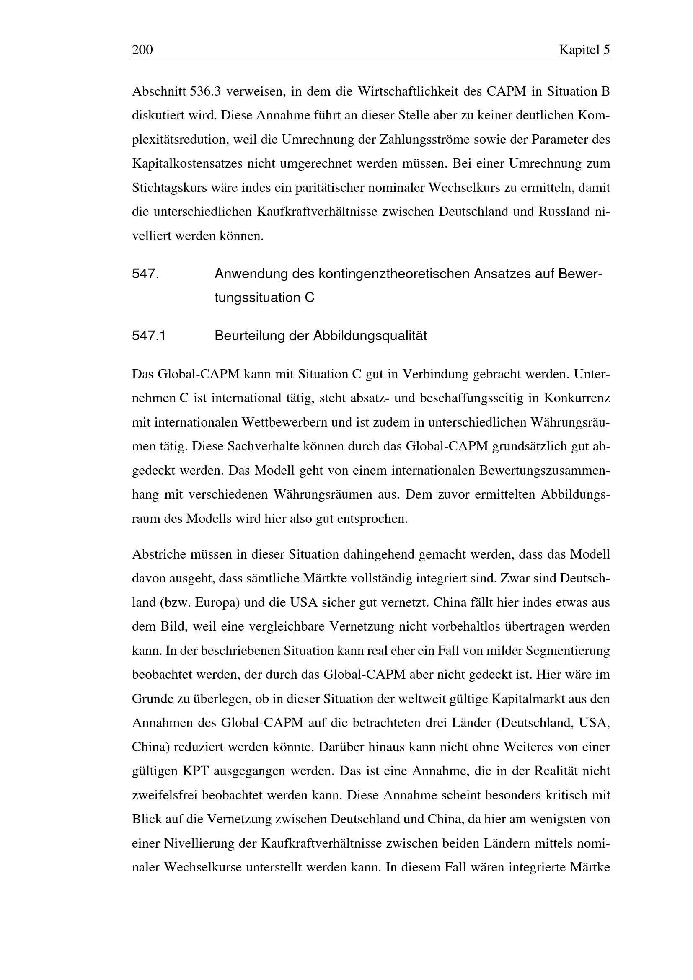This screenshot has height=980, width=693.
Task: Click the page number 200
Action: pos(142,50)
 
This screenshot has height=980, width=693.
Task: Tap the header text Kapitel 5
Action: pos(584,50)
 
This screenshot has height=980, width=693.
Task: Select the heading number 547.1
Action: pos(149,336)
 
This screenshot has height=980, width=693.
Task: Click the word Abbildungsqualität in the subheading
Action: pos(370,336)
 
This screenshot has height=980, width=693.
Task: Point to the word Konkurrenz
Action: pos(577,398)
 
